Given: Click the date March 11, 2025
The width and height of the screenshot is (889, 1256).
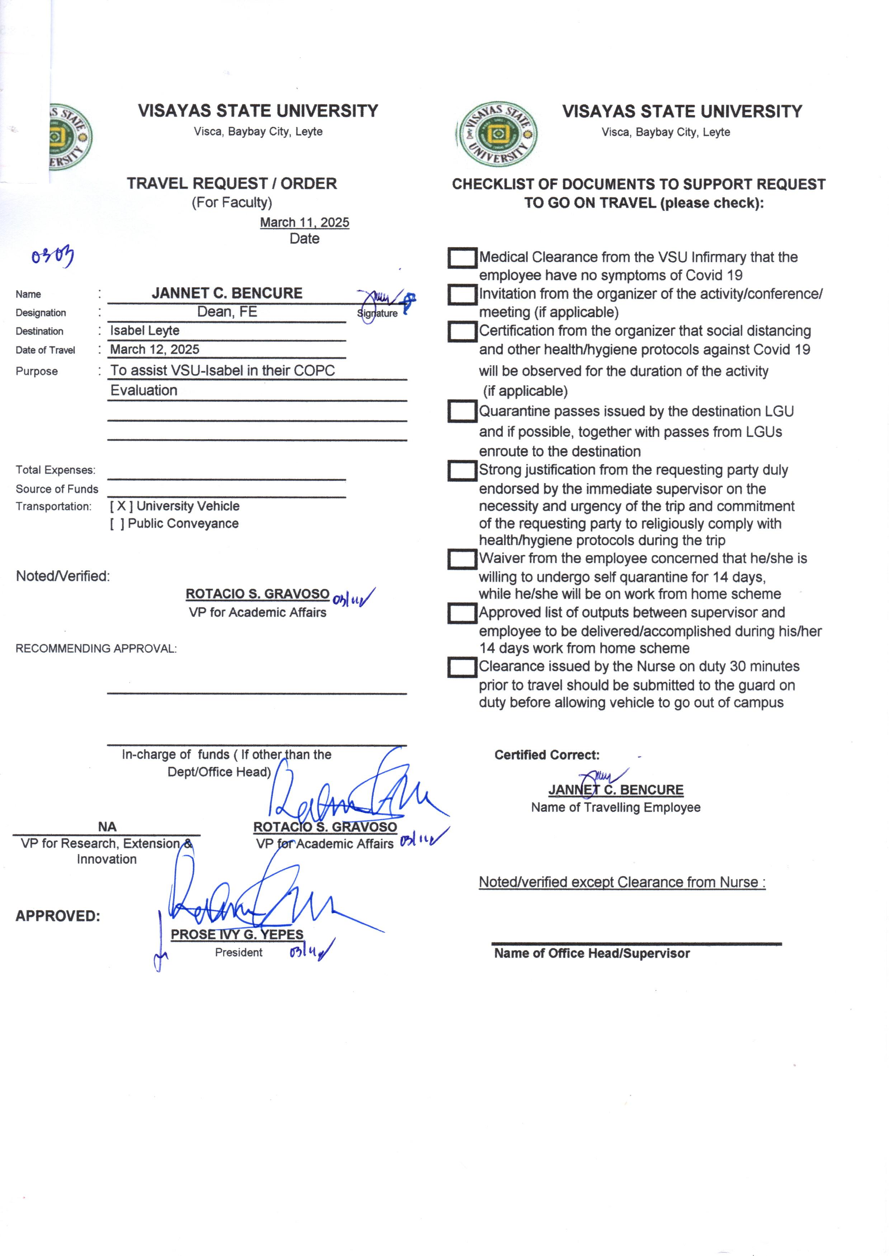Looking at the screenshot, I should (x=304, y=222).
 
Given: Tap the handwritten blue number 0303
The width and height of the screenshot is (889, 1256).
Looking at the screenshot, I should (x=52, y=256).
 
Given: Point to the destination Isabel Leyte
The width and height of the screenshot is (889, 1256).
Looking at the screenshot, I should (x=145, y=331).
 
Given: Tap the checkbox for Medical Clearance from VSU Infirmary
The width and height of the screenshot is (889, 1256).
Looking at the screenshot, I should (x=462, y=258).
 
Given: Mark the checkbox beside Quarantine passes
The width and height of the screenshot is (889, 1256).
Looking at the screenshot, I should (x=462, y=411).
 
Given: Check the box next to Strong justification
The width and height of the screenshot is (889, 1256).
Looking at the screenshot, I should (x=462, y=470).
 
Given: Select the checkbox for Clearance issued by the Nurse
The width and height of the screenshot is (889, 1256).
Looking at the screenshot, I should (x=462, y=667).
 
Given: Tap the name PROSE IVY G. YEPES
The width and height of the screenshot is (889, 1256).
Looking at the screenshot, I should (x=237, y=934).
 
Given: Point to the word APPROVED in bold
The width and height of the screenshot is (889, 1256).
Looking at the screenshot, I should (x=57, y=916).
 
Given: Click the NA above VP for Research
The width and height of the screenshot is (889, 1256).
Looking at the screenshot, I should (x=107, y=827).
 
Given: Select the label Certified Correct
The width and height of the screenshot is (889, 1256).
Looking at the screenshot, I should (x=547, y=755).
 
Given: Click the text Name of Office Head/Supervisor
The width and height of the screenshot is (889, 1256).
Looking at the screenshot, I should (x=591, y=953).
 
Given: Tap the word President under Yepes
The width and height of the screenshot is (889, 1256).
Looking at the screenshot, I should (x=238, y=952).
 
